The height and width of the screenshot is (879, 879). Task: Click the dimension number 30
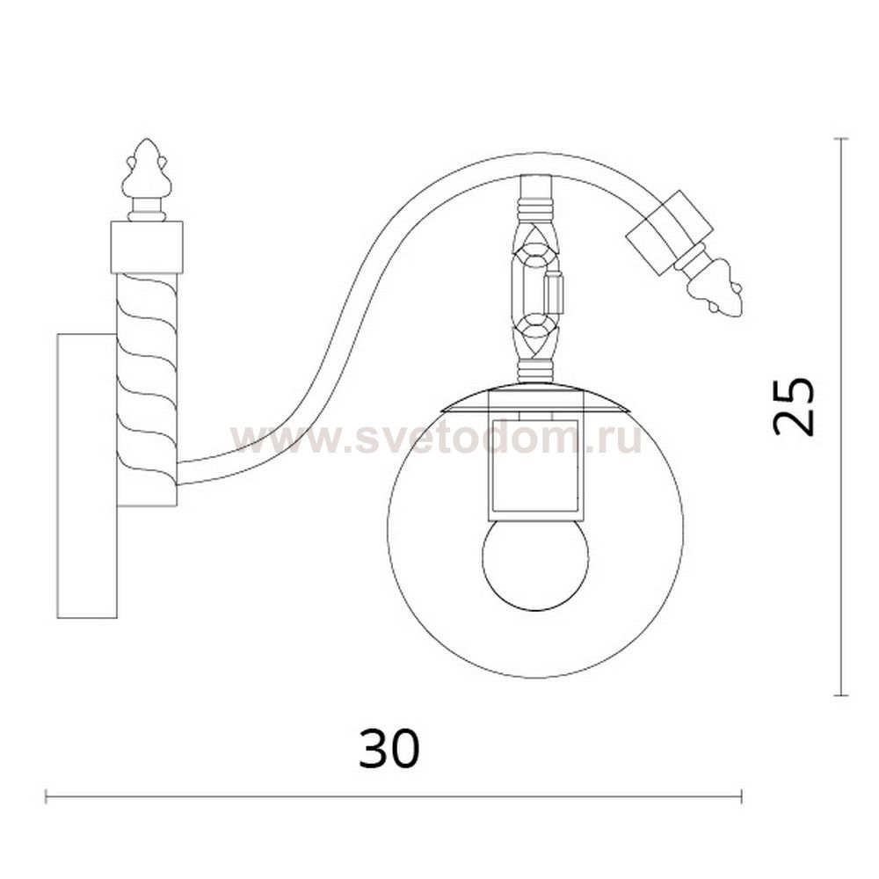tap(389, 749)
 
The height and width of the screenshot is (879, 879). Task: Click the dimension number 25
tap(793, 407)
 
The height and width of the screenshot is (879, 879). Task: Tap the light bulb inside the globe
tap(535, 564)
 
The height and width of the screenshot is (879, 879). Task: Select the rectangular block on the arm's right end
tap(669, 232)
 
